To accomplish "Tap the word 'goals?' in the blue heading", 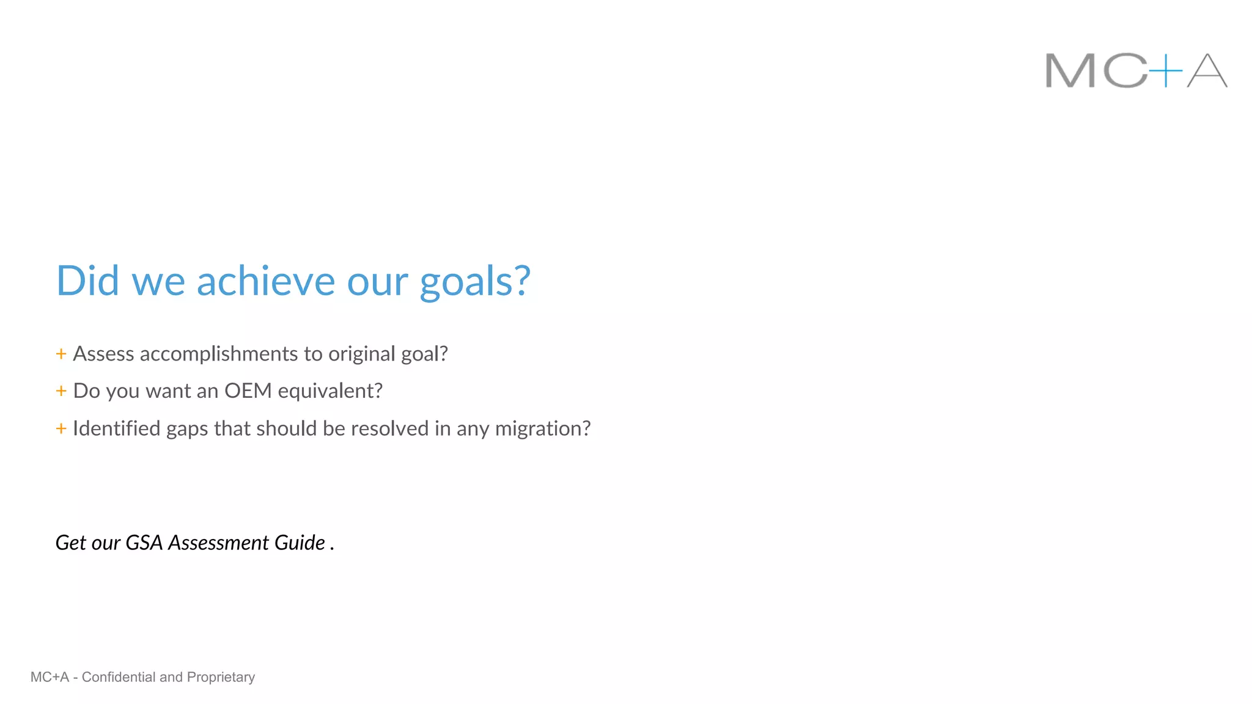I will pyautogui.click(x=475, y=282).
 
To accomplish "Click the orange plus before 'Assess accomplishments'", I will pyautogui.click(x=61, y=354).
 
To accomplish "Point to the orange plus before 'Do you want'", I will pyautogui.click(x=61, y=391).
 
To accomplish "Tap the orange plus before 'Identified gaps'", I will pyautogui.click(x=61, y=428).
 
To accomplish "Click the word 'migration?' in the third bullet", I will pyautogui.click(x=543, y=429).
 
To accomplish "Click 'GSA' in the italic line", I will pyautogui.click(x=144, y=543).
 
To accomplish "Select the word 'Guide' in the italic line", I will pyautogui.click(x=300, y=543).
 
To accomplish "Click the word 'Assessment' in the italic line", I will pyautogui.click(x=219, y=543).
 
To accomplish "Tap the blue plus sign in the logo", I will pyautogui.click(x=1165, y=71).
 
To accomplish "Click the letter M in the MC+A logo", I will pyautogui.click(x=1070, y=71).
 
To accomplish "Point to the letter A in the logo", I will pyautogui.click(x=1207, y=71).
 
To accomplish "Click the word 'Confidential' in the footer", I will pyautogui.click(x=119, y=677).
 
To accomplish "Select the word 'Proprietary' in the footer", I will pyautogui.click(x=221, y=677).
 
